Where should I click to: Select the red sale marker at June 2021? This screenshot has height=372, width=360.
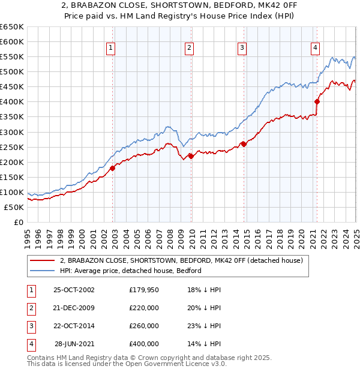317,101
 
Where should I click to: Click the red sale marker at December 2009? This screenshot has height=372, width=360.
191,156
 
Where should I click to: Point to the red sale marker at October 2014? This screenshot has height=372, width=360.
244,144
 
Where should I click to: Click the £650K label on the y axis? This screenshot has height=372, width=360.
11,27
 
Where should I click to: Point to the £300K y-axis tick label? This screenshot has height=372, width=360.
11,132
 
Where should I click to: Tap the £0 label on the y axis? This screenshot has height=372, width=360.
17,222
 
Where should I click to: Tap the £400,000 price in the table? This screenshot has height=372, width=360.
144,344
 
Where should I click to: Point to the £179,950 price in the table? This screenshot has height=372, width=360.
144,290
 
